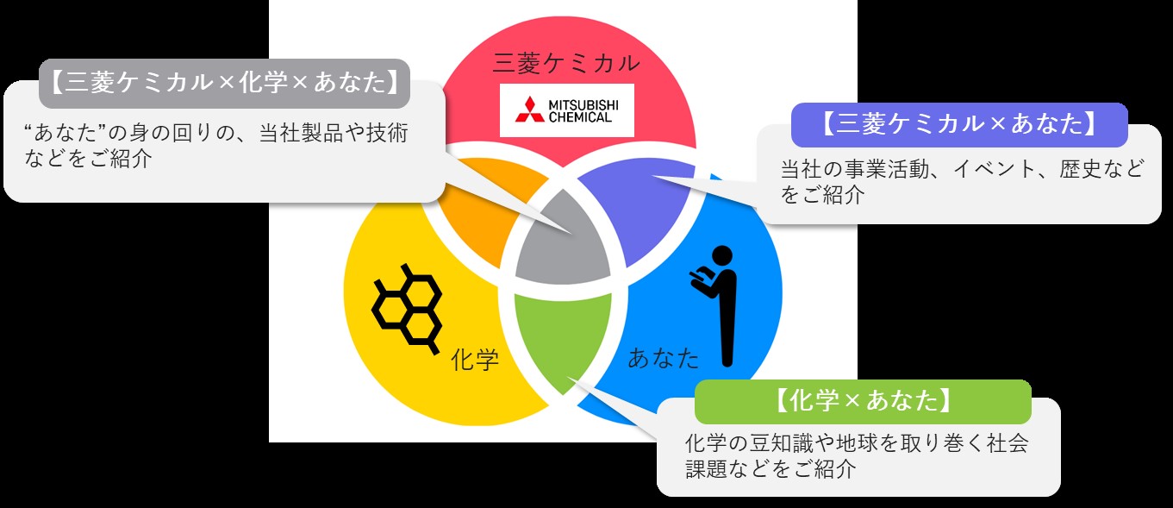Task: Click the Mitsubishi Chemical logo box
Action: tap(566, 110)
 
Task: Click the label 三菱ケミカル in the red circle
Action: tap(566, 62)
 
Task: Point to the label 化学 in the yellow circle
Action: tap(475, 359)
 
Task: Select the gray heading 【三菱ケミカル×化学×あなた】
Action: tap(224, 83)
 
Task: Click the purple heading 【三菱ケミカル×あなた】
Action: tap(958, 125)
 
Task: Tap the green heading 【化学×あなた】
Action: tap(862, 401)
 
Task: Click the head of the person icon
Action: tap(722, 255)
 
